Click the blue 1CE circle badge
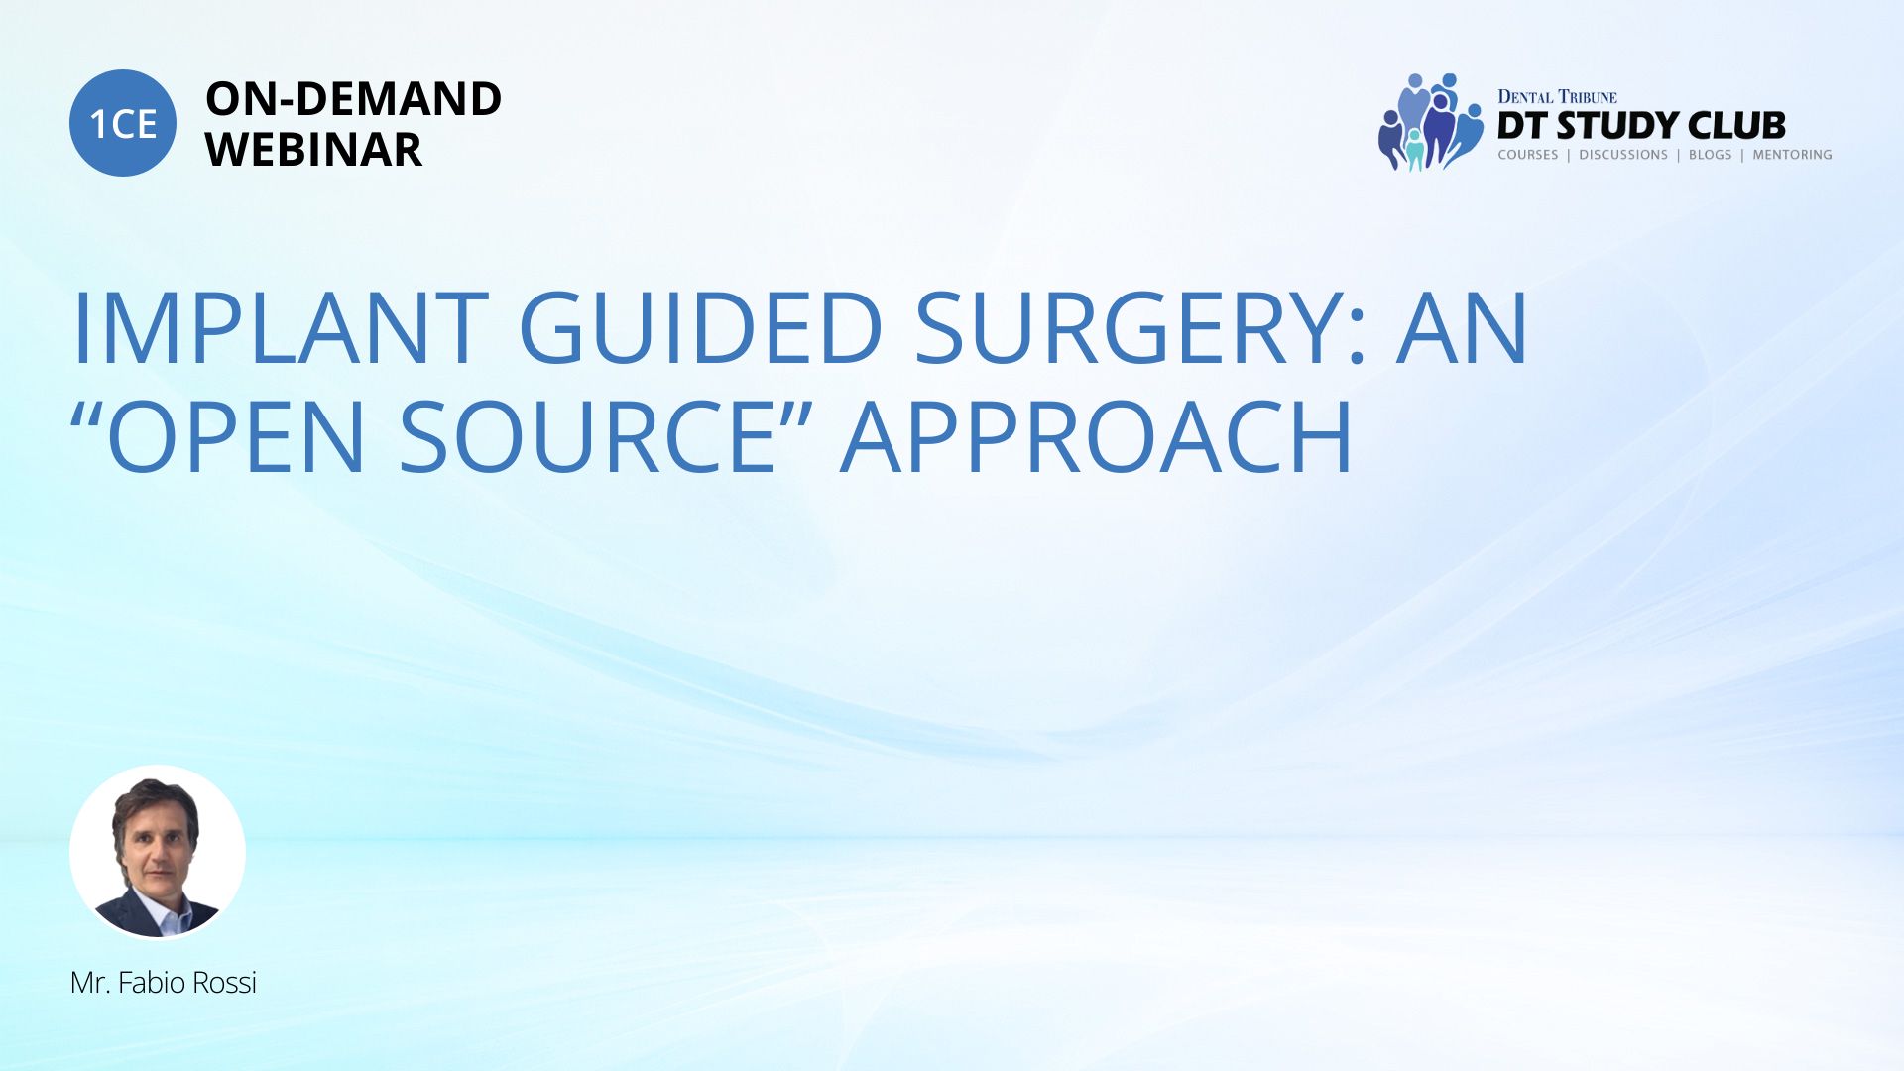pos(123,123)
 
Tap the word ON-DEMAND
pos(353,99)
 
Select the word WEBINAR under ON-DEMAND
pos(313,150)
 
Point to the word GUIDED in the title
pos(700,328)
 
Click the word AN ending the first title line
pos(1463,328)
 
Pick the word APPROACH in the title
pos(1097,436)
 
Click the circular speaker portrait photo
pos(158,852)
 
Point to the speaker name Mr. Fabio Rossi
pos(164,983)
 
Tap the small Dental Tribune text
pos(1557,96)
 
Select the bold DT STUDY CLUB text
pos(1641,126)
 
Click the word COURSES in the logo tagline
pos(1528,155)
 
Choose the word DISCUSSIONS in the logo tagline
pos(1623,155)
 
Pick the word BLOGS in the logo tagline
pos(1711,155)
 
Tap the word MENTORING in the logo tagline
pos(1792,155)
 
